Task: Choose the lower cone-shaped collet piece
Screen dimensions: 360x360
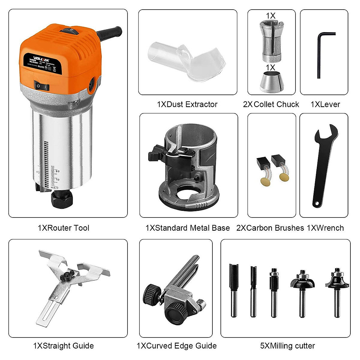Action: point(271,82)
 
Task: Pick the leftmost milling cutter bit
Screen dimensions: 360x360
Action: point(234,289)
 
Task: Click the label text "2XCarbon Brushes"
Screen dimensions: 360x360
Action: point(270,228)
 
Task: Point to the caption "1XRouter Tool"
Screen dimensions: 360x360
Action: point(64,228)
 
